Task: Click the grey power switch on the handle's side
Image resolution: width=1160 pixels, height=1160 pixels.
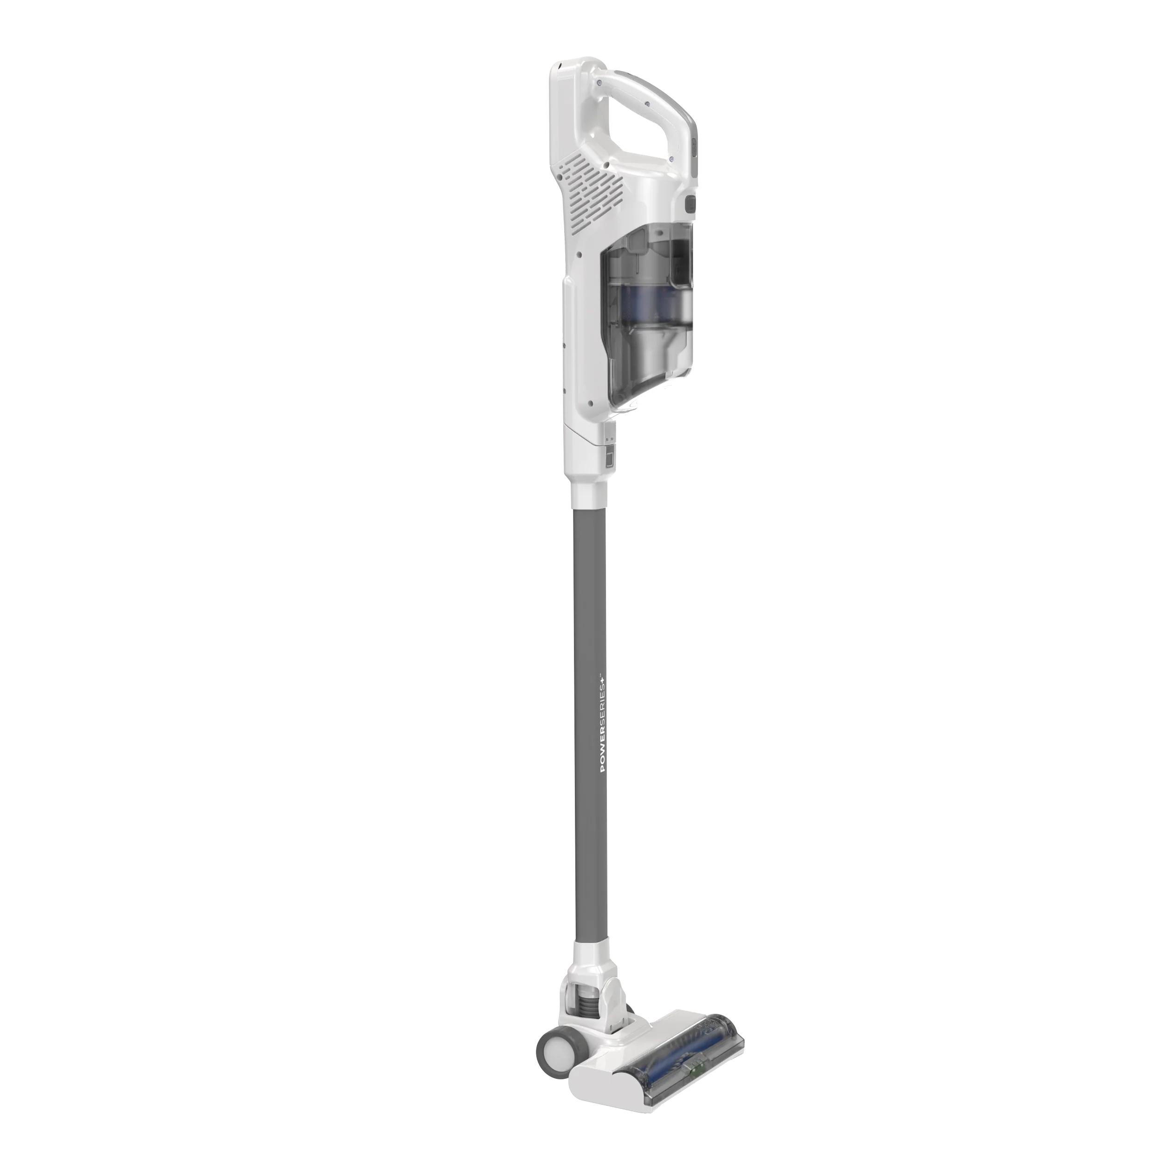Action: [690, 204]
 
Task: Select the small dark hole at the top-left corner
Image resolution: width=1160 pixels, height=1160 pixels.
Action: [560, 64]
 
